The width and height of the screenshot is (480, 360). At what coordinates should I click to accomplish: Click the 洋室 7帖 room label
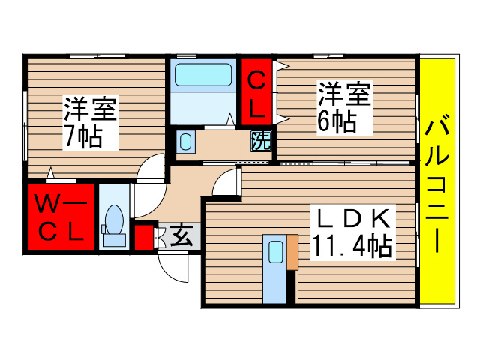click(89, 122)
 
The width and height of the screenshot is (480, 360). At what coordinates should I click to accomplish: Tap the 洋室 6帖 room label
click(344, 108)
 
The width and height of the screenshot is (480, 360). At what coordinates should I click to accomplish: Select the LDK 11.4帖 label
click(352, 232)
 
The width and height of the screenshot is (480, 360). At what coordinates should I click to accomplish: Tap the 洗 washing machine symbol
click(260, 139)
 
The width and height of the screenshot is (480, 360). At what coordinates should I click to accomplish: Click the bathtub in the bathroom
click(203, 76)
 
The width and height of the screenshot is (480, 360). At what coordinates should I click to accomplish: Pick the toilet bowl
click(114, 220)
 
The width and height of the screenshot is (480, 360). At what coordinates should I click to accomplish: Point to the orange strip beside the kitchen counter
click(292, 251)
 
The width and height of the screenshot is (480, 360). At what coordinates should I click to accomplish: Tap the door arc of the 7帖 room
click(153, 170)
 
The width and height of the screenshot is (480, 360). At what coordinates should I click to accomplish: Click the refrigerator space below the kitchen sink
click(274, 286)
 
